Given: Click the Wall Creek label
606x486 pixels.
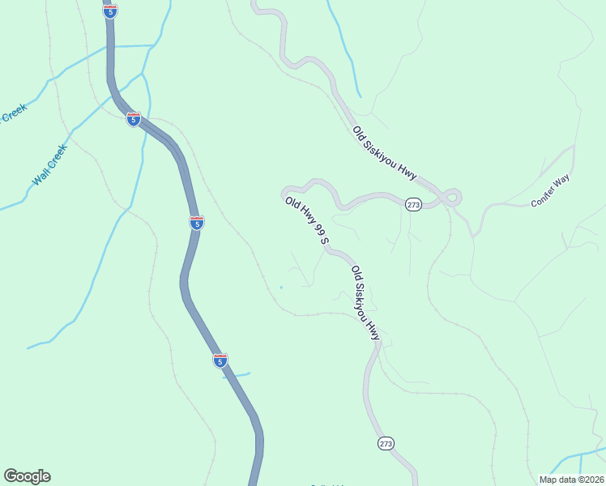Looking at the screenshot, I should pos(49,165).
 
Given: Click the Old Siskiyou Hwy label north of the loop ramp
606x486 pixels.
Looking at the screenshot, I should pos(385,152).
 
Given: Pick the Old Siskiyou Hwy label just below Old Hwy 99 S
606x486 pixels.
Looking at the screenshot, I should pos(365,302).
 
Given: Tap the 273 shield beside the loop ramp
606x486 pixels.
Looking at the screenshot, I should pos(413,205).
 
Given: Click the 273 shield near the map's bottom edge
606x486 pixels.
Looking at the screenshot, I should pos(386,443).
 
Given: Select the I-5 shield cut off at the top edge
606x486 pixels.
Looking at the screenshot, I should pos(111,10).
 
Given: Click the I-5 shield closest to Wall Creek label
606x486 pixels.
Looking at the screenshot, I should pos(134,119).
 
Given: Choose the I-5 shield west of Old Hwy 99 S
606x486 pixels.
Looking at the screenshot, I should pos(197,222).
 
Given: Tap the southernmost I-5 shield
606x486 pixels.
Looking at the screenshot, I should pos(220,360).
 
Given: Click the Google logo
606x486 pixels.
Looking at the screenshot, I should pos(27,475).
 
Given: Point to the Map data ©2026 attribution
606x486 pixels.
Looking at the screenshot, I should pos(571,480).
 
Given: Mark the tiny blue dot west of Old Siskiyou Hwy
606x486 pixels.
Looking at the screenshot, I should pos(281,287).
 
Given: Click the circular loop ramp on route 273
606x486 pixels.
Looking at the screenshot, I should pos(451,196).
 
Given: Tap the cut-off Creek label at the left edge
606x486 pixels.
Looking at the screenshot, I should pos(13,113).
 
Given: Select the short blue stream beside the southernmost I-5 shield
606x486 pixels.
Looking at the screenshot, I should pos(238,375).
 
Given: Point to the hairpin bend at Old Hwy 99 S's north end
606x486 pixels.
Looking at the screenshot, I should pos(286,194).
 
